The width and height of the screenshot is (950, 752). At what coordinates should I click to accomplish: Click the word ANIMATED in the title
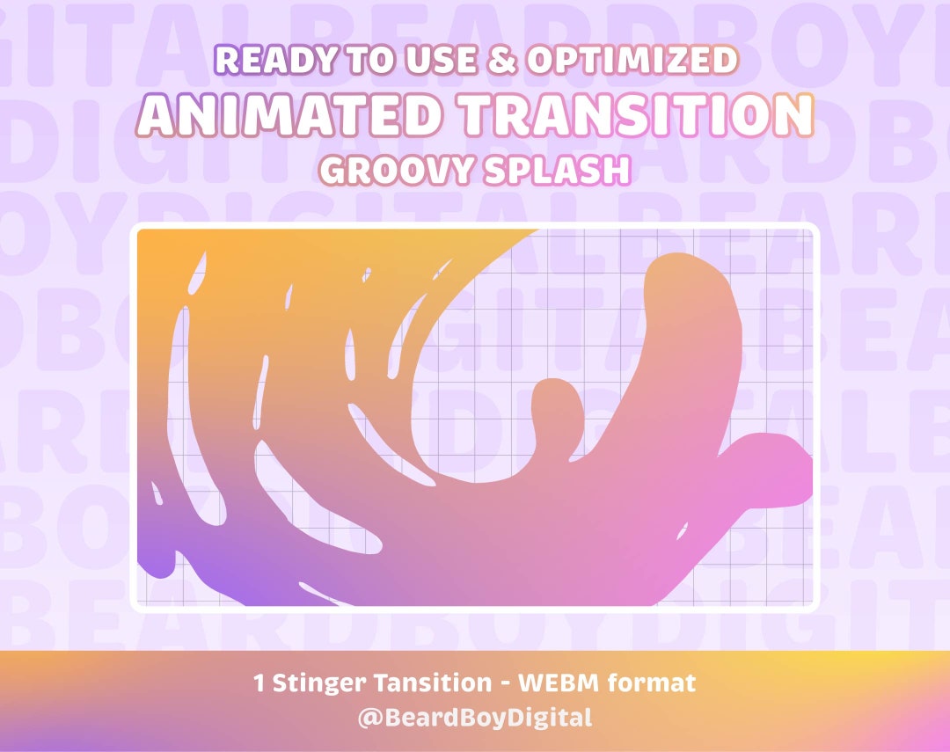(288, 114)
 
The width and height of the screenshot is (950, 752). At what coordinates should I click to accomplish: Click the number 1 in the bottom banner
(259, 683)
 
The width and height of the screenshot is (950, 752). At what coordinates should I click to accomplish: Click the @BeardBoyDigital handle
(475, 718)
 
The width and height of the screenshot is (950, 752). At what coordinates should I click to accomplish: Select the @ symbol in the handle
(369, 718)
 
